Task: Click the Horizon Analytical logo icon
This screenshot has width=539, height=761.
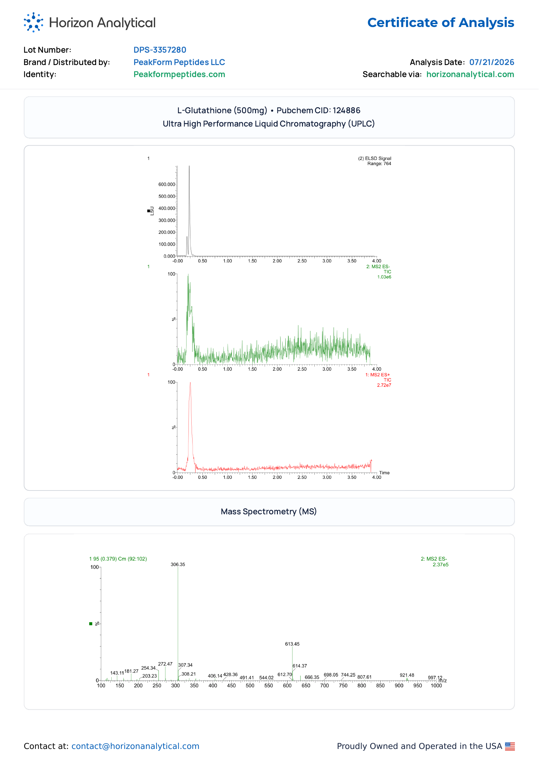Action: point(34,22)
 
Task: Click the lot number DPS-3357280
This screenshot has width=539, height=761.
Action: point(160,50)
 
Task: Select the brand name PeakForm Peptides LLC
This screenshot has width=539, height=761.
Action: point(179,62)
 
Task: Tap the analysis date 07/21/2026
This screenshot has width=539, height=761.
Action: point(491,62)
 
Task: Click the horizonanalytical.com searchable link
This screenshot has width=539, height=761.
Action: point(470,74)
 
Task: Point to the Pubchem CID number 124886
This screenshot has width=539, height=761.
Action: point(346,110)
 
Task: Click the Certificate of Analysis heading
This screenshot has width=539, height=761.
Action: point(440,23)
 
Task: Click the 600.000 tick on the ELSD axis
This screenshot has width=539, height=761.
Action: point(167,185)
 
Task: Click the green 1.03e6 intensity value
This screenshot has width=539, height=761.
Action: point(384,277)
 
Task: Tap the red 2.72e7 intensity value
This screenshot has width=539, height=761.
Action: point(384,385)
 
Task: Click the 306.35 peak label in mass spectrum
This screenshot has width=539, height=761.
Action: point(178,564)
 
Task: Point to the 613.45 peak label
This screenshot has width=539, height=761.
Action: point(292,644)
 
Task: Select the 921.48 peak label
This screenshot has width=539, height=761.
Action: point(407,675)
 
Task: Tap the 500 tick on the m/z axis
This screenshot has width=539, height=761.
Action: point(250,686)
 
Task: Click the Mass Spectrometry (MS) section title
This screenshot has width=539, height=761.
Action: point(269,511)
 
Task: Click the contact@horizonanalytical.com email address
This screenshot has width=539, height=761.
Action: point(135,746)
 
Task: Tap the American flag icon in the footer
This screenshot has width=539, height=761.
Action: point(510,746)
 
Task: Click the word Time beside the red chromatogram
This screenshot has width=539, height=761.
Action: point(384,473)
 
